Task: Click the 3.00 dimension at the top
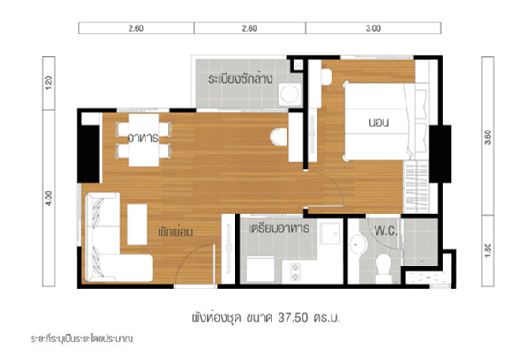[373, 28]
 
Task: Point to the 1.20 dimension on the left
[48, 83]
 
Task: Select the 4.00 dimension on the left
[48, 199]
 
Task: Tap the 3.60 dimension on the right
[488, 137]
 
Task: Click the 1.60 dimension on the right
[488, 251]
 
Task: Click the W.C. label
[385, 230]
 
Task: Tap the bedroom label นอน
[379, 123]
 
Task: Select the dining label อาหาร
[143, 138]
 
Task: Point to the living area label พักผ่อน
[175, 231]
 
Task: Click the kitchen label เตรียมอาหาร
[279, 229]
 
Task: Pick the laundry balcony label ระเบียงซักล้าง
[240, 79]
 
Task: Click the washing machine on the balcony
[289, 94]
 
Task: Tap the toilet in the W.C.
[384, 268]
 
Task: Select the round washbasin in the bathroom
[358, 244]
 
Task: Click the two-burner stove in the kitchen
[295, 272]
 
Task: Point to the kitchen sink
[331, 233]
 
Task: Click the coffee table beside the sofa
[138, 224]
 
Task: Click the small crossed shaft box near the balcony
[298, 64]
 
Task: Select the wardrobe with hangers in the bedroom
[416, 186]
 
